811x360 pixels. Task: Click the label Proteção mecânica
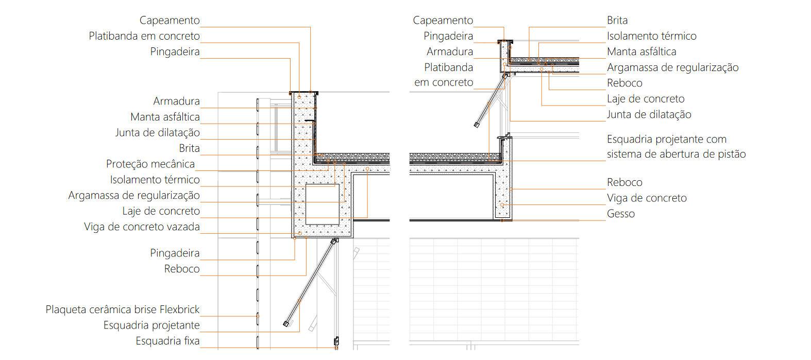pos(150,164)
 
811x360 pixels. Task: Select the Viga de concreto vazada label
pos(142,227)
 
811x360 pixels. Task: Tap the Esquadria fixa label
pos(167,341)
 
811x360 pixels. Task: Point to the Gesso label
pos(620,214)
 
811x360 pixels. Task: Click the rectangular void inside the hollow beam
pos(323,203)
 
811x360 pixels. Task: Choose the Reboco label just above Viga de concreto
pos(624,182)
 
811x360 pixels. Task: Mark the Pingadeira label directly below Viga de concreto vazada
pos(175,253)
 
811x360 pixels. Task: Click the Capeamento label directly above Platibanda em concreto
pos(170,21)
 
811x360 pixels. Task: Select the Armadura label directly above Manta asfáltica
pos(176,101)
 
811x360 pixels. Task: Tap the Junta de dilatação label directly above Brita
pos(157,133)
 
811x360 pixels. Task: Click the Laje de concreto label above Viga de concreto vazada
pos(161,211)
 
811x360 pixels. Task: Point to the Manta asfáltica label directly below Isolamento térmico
pos(641,52)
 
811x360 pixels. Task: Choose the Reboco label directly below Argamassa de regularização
pos(624,83)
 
